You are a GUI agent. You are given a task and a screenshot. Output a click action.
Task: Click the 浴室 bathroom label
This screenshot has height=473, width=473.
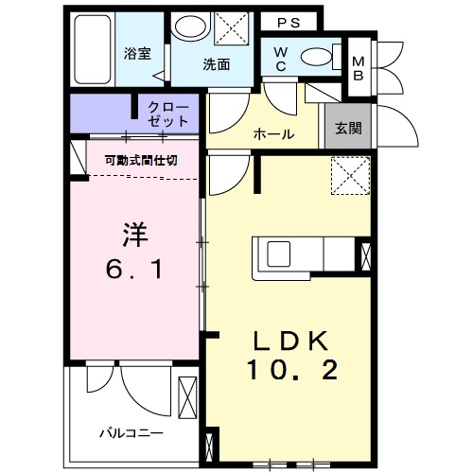click(x=137, y=54)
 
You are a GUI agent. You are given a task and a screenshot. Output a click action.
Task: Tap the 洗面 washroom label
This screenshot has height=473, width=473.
click(x=216, y=65)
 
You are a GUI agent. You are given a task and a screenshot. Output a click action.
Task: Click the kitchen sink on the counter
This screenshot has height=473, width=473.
click(x=281, y=255)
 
